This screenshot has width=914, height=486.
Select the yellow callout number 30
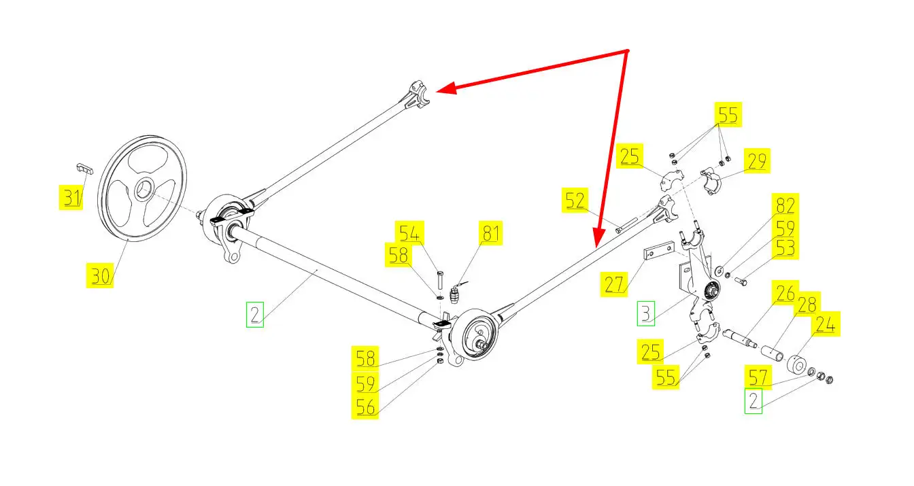[x=100, y=276]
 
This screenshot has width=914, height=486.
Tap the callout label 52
[x=574, y=201]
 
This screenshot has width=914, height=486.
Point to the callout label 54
[x=409, y=233]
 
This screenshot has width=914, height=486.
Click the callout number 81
[x=490, y=233]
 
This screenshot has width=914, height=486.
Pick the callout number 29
[x=756, y=161]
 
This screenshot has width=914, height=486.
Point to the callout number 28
[x=807, y=305]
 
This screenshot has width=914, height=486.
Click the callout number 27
[x=614, y=283]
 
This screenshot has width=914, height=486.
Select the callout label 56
[x=365, y=406]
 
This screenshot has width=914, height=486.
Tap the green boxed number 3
[x=646, y=313]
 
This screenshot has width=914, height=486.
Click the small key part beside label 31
[x=82, y=167]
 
